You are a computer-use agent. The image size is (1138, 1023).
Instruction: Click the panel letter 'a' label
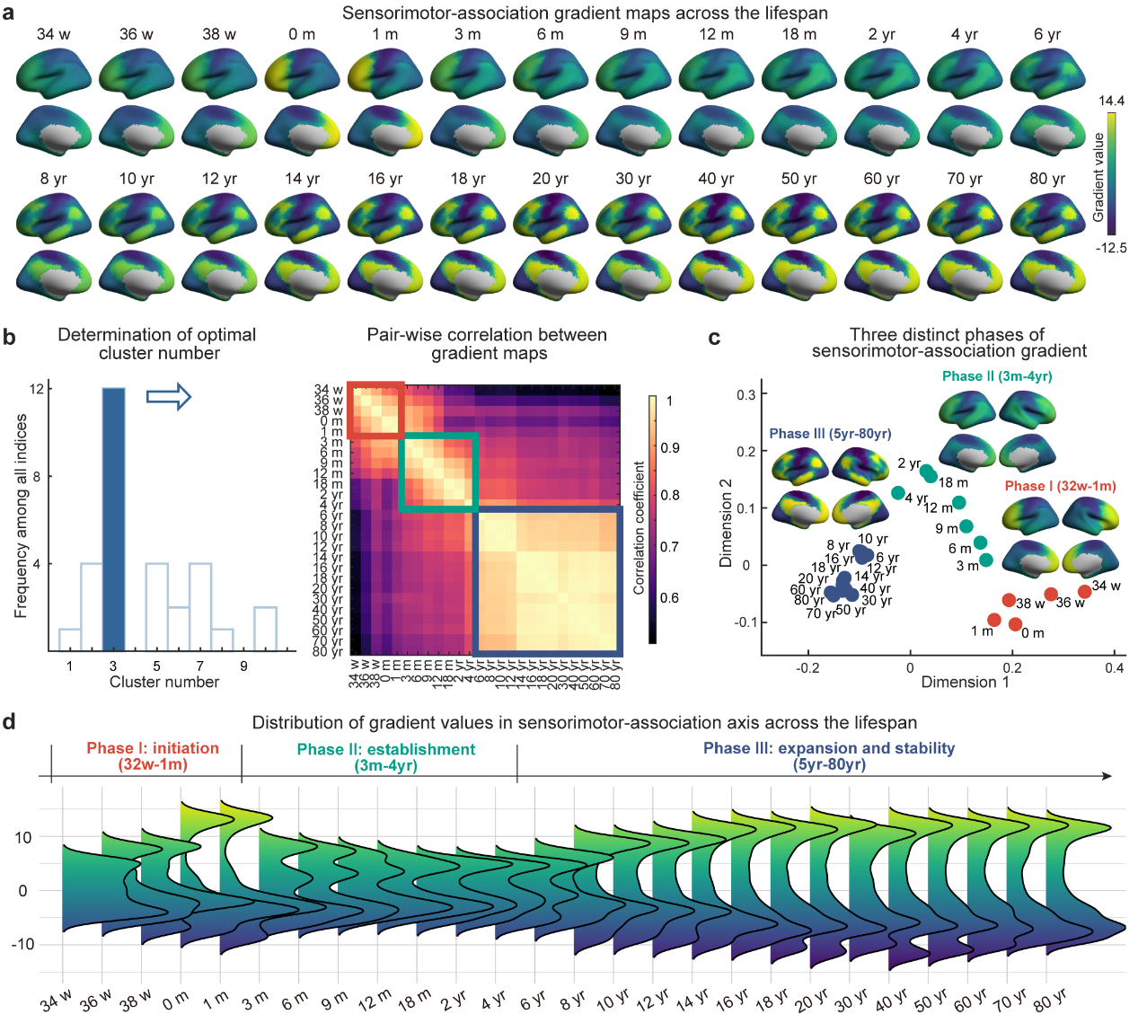coord(8,15)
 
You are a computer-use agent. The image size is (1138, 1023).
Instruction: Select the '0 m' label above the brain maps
coord(302,34)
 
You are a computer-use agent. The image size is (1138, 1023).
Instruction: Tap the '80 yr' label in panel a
coord(1046,179)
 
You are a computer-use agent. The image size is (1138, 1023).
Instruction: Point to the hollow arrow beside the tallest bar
coord(169,396)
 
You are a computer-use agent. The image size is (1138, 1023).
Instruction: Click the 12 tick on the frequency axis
coord(37,389)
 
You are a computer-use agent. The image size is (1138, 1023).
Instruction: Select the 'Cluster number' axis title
coord(164,683)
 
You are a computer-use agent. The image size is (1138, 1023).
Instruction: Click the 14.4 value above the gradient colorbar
coord(1111,101)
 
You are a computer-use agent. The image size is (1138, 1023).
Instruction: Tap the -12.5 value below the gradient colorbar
coord(1111,248)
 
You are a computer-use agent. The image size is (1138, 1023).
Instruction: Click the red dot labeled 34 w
coord(1084,591)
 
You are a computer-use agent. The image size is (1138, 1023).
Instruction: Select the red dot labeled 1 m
coord(993,620)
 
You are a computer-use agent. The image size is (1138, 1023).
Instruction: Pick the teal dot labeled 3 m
coord(986,560)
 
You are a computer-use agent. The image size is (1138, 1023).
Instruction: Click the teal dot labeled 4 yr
coord(897,492)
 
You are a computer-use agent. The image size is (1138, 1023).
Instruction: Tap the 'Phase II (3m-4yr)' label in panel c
coord(997,376)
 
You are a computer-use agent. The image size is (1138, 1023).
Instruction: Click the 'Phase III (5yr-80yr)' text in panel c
coord(830,434)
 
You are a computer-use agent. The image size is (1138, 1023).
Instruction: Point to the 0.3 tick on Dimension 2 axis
coord(745,394)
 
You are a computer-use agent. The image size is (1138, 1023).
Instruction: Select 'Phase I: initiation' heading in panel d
coord(153,748)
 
